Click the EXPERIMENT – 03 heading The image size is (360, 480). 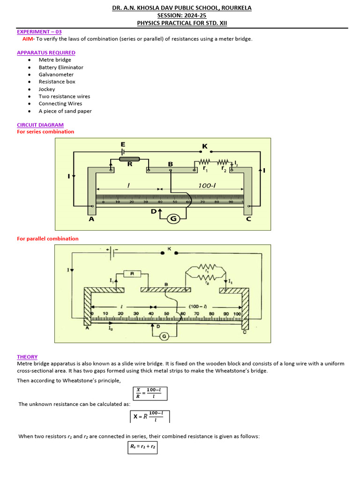[39, 32]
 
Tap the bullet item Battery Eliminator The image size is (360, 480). [61, 67]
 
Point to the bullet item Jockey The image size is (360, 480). [47, 89]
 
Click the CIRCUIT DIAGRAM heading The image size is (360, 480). [40, 125]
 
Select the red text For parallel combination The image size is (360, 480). [48, 239]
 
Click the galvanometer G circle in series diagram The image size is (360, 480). [174, 218]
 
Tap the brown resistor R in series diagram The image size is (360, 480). [129, 159]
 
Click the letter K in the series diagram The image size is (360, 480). [204, 146]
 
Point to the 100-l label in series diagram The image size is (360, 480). [207, 186]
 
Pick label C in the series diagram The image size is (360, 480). [248, 218]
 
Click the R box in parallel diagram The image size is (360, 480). [133, 273]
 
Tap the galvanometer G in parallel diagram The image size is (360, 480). [164, 336]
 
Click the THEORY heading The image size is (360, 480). [27, 357]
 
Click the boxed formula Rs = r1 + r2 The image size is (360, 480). [143, 447]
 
